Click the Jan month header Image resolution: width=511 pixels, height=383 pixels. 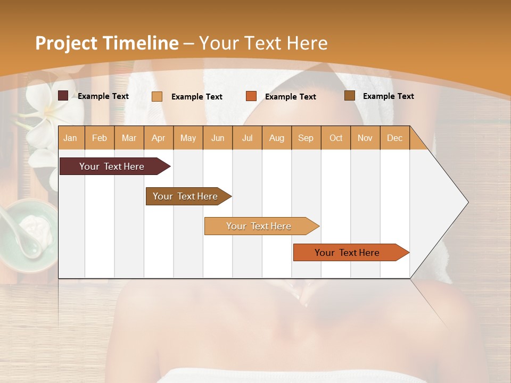70,138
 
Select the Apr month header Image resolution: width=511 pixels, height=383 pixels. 158,138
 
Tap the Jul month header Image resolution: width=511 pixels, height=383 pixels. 247,138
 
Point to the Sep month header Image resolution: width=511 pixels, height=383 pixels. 306,138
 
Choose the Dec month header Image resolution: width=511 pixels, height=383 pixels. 394,138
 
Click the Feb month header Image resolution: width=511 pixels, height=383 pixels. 100,138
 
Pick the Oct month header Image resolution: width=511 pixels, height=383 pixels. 336,138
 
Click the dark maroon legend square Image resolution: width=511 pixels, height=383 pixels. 63,96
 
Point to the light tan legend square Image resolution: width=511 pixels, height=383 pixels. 157,96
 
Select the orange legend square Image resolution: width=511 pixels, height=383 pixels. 251,96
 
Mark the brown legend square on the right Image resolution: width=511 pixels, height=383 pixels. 350,96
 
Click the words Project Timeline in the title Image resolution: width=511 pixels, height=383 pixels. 106,43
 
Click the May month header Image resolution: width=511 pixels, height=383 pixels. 188,138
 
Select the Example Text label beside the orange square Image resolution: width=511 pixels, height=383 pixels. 291,97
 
